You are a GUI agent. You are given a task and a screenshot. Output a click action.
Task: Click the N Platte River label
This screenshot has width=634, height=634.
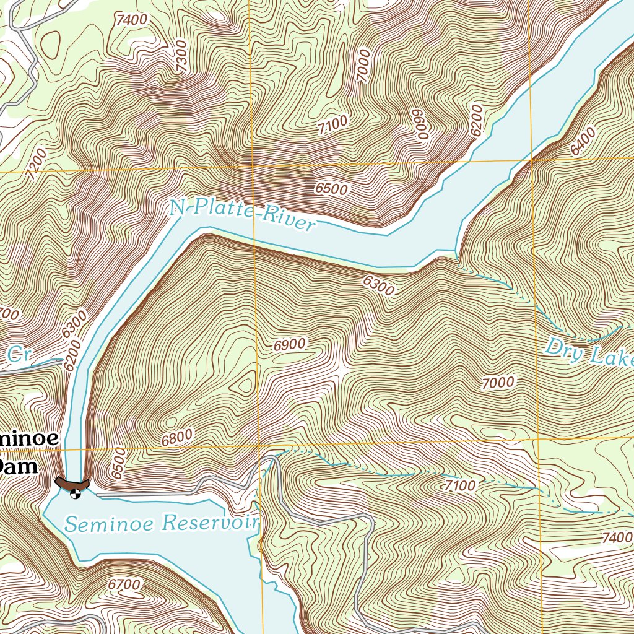coord(241,214)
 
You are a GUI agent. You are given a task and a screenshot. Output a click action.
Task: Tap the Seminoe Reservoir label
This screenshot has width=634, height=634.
coord(162,524)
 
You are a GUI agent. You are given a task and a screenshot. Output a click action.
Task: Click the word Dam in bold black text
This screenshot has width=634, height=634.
coord(19,466)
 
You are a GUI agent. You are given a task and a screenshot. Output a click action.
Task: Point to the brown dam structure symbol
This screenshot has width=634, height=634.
coord(72,482)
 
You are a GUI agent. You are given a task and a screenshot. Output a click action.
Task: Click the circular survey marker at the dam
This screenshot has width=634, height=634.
coord(76,493)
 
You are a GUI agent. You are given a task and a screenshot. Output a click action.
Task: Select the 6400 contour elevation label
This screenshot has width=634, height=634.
coord(583,141)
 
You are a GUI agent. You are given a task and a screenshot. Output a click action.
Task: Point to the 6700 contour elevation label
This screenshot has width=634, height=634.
coord(124,584)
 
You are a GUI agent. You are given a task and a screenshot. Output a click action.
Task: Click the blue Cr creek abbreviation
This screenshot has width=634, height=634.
coord(19,355)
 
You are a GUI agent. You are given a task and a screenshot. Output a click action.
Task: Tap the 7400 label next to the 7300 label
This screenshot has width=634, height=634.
coord(131,19)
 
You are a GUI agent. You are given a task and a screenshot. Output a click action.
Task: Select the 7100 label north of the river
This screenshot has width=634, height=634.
coord(332,126)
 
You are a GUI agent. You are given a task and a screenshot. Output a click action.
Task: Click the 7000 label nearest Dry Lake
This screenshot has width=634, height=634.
coord(498,383)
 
